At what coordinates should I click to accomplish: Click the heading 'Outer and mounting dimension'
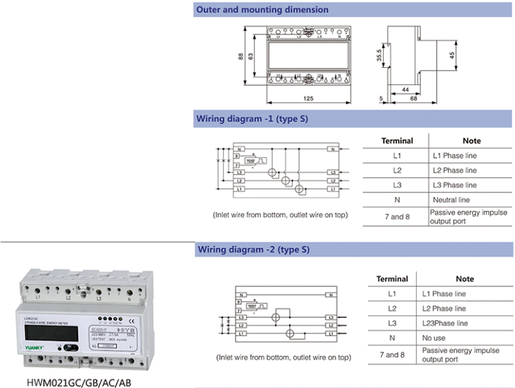point(262,10)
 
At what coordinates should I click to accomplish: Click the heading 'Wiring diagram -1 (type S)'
point(253,119)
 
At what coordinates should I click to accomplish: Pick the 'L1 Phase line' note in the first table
point(454,156)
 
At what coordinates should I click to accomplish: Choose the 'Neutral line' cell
point(451,200)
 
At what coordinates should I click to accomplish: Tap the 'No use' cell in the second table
point(434,338)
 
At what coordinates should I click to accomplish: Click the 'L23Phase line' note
point(445,323)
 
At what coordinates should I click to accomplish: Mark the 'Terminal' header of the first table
point(397,141)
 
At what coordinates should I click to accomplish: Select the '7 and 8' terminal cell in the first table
point(397,217)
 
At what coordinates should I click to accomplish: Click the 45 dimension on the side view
point(452,55)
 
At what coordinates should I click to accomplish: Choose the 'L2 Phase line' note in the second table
point(445,308)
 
